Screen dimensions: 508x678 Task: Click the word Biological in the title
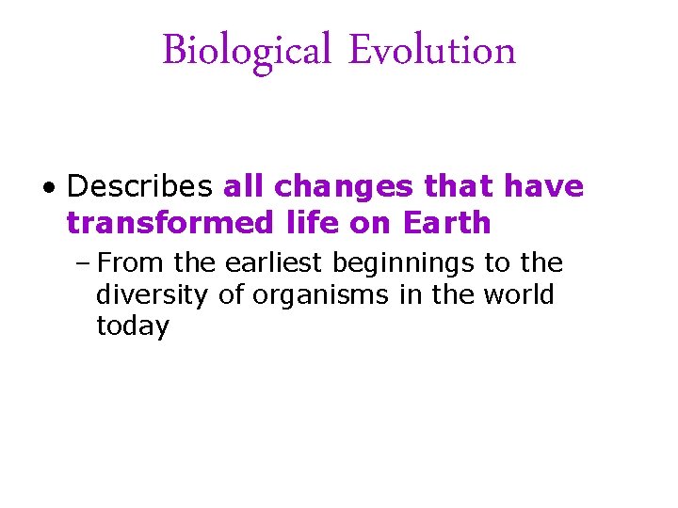click(x=247, y=50)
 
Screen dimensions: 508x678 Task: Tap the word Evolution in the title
click(x=432, y=50)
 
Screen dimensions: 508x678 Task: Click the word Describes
click(x=139, y=186)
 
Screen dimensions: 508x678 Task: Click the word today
click(x=133, y=327)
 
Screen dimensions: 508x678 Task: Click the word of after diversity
click(x=232, y=294)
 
